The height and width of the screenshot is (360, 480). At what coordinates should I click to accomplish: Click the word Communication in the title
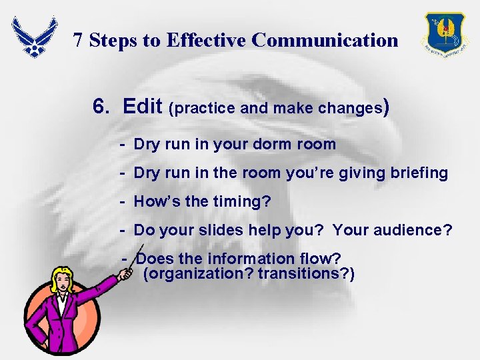tap(325, 41)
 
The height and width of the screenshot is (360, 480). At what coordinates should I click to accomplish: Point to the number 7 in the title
tap(78, 41)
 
